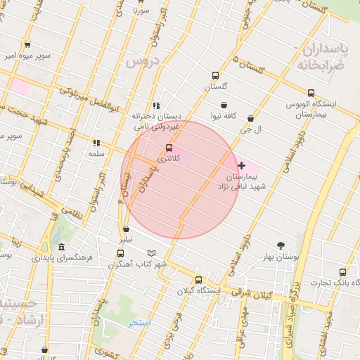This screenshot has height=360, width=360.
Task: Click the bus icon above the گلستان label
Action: click(x=214, y=76)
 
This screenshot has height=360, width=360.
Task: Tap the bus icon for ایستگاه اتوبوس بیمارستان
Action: click(x=311, y=93)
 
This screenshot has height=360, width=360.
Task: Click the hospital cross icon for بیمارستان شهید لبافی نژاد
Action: click(x=241, y=165)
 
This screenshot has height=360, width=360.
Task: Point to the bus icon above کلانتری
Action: click(x=169, y=148)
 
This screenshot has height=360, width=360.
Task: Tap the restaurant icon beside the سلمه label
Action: click(x=96, y=143)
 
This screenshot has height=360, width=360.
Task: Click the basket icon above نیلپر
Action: click(x=126, y=229)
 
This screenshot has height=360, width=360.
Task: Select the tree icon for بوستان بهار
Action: click(x=281, y=245)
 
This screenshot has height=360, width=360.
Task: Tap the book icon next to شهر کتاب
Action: click(x=152, y=253)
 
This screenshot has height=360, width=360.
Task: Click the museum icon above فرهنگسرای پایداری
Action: click(x=62, y=247)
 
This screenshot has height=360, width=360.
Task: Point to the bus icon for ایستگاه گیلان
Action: click(x=198, y=279)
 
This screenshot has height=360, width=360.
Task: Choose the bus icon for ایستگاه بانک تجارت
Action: click(x=342, y=272)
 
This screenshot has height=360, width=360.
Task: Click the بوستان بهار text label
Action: click(x=281, y=258)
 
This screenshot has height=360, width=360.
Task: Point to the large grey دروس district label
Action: click(x=144, y=62)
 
